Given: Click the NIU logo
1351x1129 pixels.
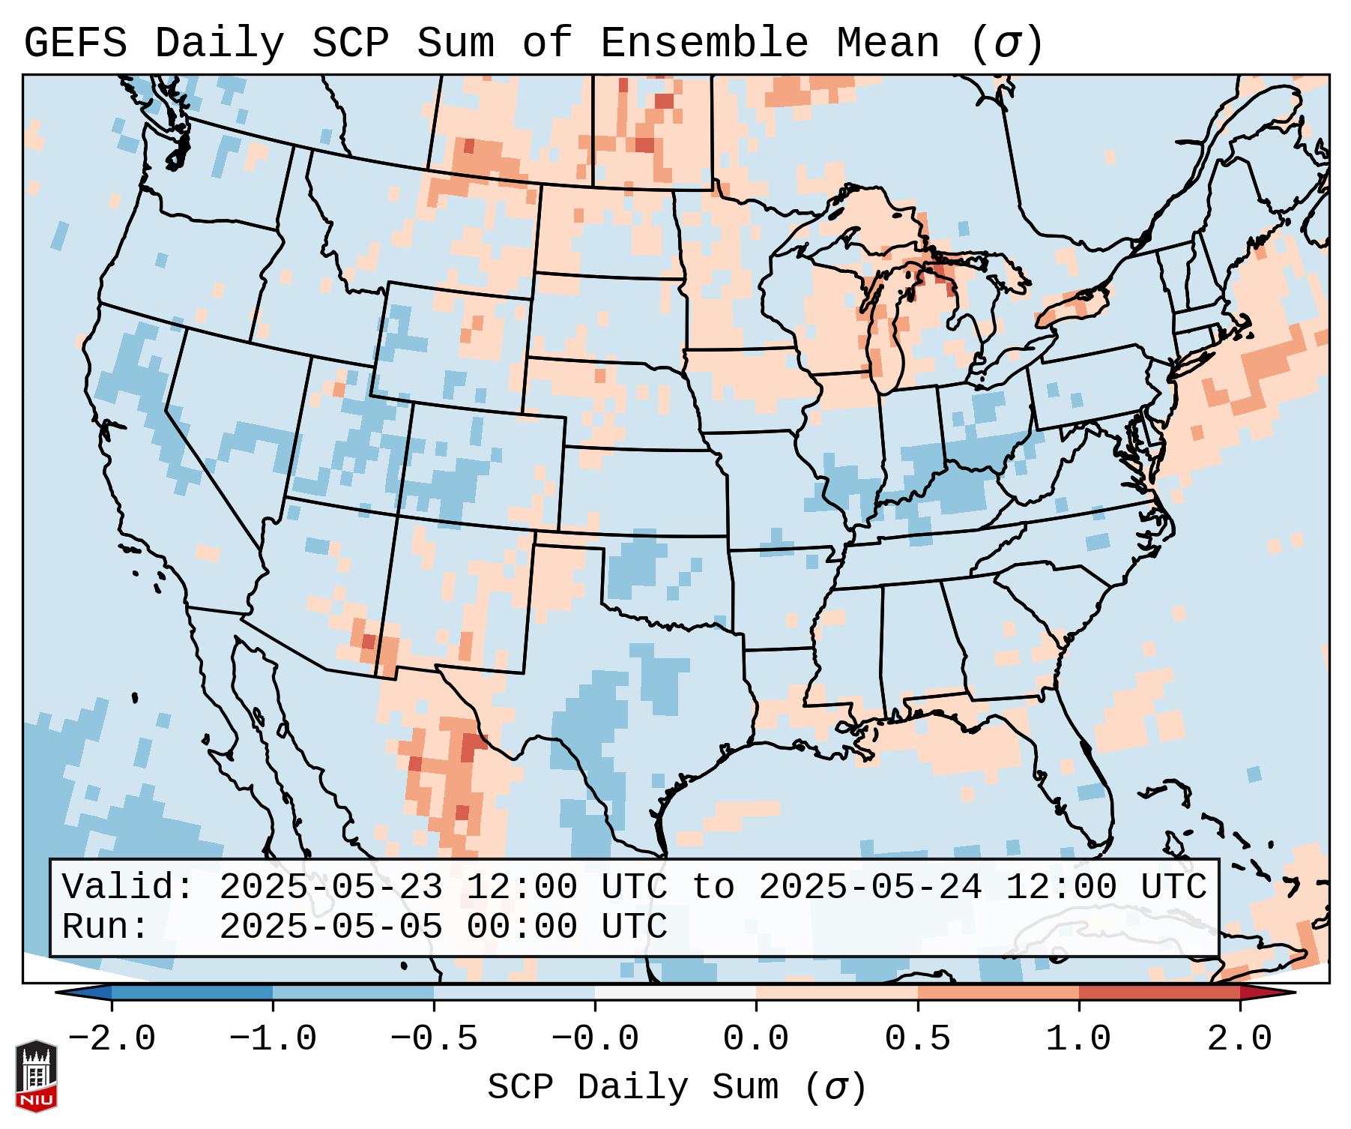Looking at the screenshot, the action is tap(36, 1075).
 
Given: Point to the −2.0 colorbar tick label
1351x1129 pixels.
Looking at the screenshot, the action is tap(112, 1039).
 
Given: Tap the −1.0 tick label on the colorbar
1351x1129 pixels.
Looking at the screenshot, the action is tap(273, 1039).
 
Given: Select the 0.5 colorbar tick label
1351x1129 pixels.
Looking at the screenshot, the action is tap(918, 1039).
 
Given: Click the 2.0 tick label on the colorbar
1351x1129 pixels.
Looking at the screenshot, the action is tap(1240, 1039).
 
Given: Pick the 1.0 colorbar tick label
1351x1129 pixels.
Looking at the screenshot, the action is tap(1079, 1039).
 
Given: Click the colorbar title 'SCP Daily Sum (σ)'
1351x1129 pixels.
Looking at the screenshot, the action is tap(677, 1088).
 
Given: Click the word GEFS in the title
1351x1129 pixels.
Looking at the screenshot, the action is tap(75, 43).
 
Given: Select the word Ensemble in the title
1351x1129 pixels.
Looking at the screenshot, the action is tap(704, 43).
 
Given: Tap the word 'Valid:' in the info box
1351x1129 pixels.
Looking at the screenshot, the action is tap(128, 887).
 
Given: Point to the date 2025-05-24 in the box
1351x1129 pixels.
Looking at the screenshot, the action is tap(870, 887).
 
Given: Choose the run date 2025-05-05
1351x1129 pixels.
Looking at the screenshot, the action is tap(330, 927).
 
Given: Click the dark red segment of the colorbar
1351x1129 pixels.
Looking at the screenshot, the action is tap(1159, 993).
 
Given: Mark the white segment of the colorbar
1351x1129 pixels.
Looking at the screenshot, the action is tap(676, 993).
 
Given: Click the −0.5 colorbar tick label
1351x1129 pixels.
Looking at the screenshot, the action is tap(434, 1039).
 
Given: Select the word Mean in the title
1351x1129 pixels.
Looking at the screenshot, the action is tap(888, 43).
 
